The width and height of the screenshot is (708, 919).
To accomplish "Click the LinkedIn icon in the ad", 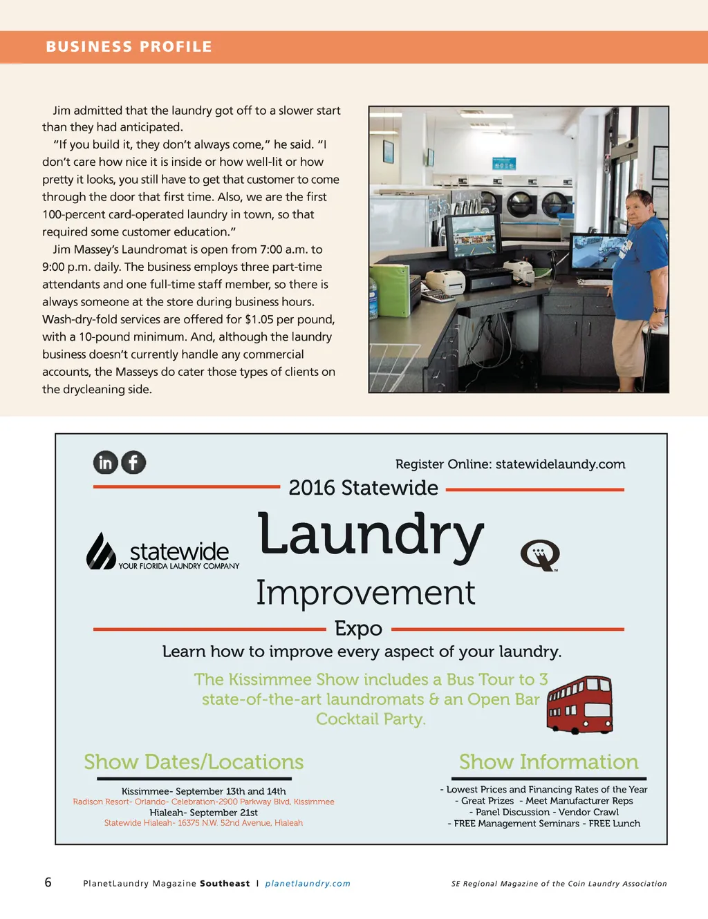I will tap(106, 462).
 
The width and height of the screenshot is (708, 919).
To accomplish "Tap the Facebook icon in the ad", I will tap(133, 462).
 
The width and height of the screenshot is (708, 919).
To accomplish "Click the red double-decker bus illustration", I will tap(579, 704).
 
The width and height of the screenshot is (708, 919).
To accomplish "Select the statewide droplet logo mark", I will tap(100, 551).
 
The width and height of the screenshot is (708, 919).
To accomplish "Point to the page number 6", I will tap(48, 882).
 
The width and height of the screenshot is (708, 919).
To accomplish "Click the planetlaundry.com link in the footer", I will tap(308, 884).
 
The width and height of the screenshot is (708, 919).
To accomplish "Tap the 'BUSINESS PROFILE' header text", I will tap(129, 47).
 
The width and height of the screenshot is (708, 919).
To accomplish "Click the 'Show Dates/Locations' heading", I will tap(194, 761).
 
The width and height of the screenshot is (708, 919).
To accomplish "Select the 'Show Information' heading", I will tap(548, 761).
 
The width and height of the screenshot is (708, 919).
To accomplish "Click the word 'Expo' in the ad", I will tap(358, 628).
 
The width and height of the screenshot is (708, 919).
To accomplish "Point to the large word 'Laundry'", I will tap(371, 536).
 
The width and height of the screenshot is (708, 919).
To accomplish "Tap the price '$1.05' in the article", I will tap(259, 319).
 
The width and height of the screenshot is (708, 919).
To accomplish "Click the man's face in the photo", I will tap(637, 205).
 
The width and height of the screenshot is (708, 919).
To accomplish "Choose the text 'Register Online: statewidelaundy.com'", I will tap(510, 464).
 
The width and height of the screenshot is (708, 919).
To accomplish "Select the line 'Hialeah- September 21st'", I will tap(203, 813).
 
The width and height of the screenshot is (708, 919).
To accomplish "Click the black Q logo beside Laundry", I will tap(539, 555).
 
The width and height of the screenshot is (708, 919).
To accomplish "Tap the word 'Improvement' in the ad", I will tap(365, 593).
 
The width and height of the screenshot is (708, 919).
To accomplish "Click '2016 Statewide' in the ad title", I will tap(363, 488).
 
